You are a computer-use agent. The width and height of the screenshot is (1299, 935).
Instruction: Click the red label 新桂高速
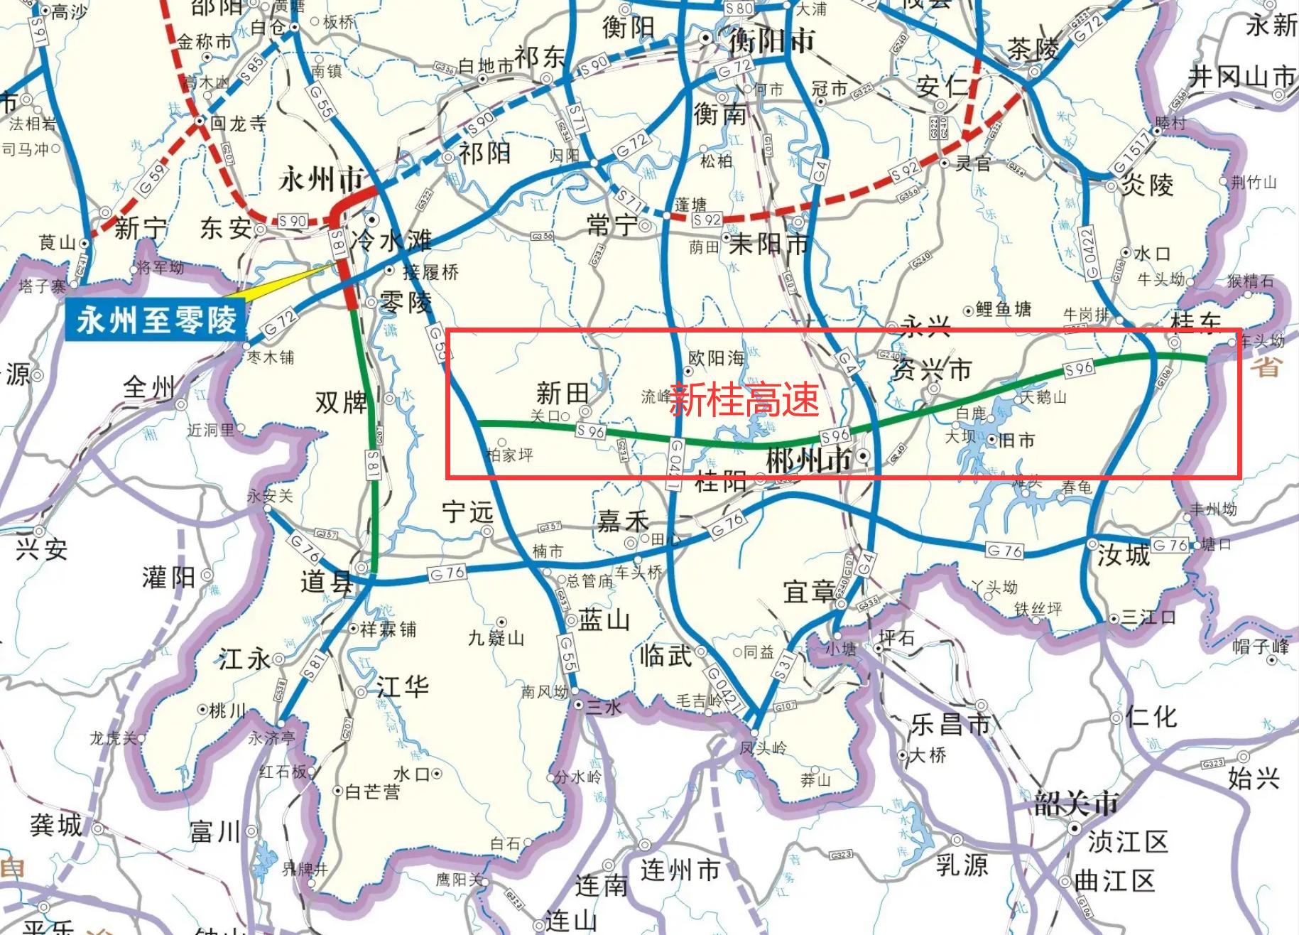pos(744,399)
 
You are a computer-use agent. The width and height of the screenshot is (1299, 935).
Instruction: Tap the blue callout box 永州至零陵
pos(156,320)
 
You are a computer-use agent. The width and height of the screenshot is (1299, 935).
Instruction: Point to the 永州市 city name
pos(321,180)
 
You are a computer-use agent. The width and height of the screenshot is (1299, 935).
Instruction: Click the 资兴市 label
pos(931,369)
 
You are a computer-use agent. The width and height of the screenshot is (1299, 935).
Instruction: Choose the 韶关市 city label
pos(1076,804)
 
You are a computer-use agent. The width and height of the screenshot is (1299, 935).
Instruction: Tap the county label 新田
pos(562,392)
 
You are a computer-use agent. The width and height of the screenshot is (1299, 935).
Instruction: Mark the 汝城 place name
pos(1123,554)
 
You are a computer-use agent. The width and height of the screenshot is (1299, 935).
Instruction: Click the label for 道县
pos(326,582)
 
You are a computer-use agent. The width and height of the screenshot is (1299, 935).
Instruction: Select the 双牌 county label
pos(342,403)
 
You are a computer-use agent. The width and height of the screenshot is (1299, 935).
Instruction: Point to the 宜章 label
pos(809,591)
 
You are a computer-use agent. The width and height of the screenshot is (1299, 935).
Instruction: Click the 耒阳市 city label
pos(768,244)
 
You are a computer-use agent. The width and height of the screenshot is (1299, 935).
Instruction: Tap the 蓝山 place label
pos(604,620)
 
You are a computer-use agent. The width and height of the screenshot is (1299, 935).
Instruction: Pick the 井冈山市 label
pos(1241,76)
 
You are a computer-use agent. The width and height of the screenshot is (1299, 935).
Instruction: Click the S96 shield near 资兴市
pos(1078,369)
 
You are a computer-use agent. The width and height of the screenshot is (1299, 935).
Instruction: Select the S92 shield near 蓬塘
pos(707,220)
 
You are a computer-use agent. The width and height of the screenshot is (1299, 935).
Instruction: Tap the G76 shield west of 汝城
pos(1004,551)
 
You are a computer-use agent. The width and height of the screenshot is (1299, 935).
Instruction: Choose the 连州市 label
pos(680,870)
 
